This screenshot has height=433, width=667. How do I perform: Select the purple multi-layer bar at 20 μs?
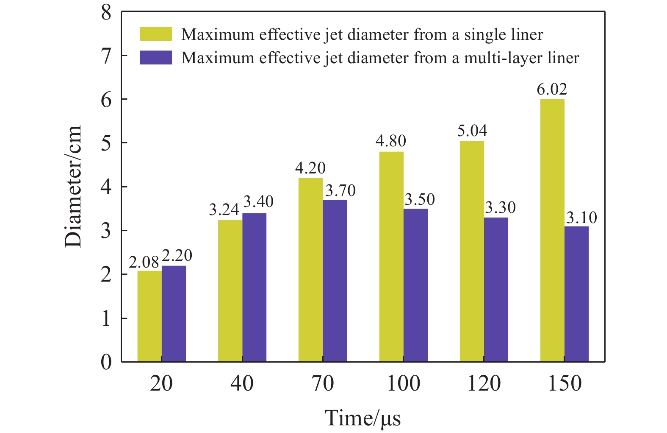pos(174,314)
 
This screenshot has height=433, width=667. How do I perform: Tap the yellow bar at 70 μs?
pos(310,270)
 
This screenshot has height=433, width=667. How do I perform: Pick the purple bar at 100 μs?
pos(415,285)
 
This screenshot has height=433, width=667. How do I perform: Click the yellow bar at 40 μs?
pos(230,291)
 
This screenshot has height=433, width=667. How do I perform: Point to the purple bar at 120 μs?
pos(496,289)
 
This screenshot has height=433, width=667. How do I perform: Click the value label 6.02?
pos(552,89)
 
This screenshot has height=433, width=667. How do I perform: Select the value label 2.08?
pos(144,263)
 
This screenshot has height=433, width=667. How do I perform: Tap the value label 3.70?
pos(340,191)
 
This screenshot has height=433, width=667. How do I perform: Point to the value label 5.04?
pos(472,131)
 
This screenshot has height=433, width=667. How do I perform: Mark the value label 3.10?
pos(582,218)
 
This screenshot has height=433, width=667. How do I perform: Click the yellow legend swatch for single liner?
pos(156,34)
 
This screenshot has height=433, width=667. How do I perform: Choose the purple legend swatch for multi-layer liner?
pos(156,58)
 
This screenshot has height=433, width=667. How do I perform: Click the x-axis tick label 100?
pos(404,383)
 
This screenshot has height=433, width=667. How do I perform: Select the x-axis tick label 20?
pos(161,383)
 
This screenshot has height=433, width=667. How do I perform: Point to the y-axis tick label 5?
pos(106,143)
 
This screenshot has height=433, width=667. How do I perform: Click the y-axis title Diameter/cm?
pos(73,187)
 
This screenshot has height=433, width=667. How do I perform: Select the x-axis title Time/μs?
pos(363,418)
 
